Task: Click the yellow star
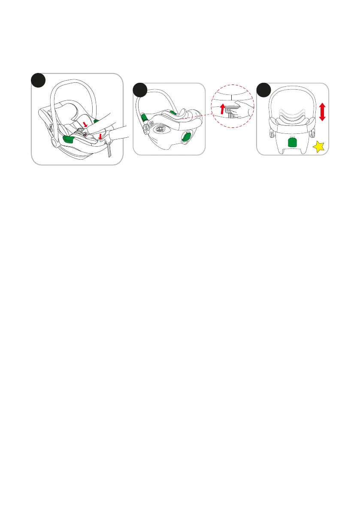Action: [x=319, y=147]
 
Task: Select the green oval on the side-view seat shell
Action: [x=187, y=137]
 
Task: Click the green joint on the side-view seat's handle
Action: [x=144, y=117]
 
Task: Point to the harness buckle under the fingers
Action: [x=85, y=135]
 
